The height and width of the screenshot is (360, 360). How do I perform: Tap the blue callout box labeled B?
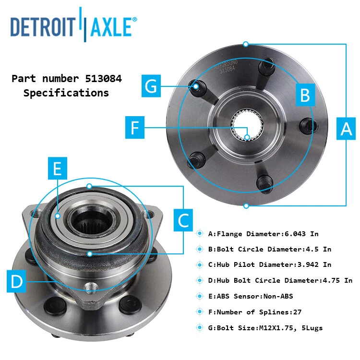[x=305, y=96]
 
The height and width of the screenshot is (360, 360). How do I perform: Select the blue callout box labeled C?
[x=183, y=220]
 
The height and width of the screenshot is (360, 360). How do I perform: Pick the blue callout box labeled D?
[x=17, y=281]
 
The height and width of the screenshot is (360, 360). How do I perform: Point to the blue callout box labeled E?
[x=57, y=168]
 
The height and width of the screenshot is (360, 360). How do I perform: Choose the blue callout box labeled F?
[x=135, y=128]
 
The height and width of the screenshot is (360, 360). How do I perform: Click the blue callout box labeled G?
[x=151, y=86]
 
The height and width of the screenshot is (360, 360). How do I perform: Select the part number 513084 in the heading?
[x=101, y=78]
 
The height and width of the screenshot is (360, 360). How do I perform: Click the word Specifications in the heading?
[x=66, y=93]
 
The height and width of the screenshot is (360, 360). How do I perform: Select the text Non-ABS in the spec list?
[x=278, y=296]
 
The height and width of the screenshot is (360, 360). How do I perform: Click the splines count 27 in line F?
[x=297, y=312]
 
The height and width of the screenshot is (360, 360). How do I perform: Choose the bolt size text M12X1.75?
[x=270, y=328]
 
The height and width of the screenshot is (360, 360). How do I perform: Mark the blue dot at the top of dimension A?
[x=246, y=44]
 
